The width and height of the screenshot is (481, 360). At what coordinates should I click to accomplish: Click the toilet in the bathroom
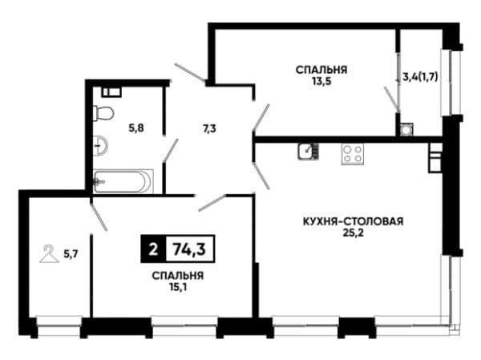click(103, 113)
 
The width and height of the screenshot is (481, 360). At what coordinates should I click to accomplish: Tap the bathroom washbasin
click(100, 144)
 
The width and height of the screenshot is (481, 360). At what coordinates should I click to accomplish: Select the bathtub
click(123, 181)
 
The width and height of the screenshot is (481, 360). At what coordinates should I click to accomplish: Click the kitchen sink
click(308, 152)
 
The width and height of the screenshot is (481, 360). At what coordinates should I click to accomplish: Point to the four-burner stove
click(353, 154)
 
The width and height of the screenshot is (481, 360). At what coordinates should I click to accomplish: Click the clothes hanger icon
click(49, 254)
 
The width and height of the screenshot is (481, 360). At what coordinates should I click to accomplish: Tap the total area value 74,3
click(189, 249)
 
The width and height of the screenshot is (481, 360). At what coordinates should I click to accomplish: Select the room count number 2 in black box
click(153, 249)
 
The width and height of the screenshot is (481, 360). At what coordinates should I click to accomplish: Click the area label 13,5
click(321, 82)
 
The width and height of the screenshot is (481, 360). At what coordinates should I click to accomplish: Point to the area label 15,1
click(178, 288)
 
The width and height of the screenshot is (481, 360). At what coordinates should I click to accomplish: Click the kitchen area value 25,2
click(353, 233)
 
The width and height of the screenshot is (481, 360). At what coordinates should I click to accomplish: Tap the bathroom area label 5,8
click(136, 128)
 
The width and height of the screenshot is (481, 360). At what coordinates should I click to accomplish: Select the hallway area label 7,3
click(208, 129)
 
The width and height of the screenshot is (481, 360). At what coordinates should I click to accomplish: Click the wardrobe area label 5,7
click(71, 254)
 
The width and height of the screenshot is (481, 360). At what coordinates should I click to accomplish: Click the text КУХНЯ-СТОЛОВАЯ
click(353, 221)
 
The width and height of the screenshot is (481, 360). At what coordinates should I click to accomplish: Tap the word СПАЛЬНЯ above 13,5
click(321, 70)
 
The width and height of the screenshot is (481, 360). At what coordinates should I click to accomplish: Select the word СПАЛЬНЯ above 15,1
click(178, 276)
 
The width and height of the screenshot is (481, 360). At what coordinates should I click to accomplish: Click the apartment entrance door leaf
click(190, 73)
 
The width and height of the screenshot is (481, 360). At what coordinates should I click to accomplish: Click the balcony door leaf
click(392, 99)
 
